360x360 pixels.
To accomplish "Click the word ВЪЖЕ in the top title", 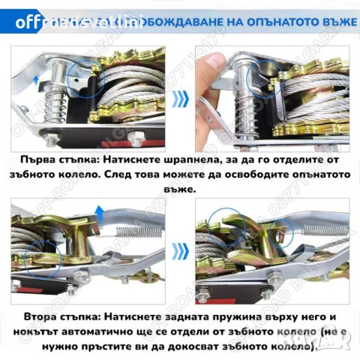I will pyautogui.click(x=334, y=20).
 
